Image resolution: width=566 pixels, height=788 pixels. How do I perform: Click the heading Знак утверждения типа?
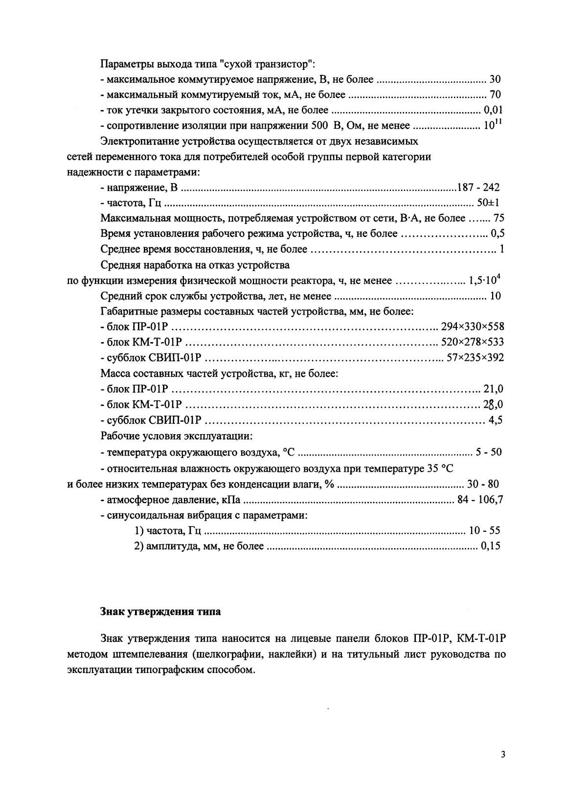[x=160, y=612]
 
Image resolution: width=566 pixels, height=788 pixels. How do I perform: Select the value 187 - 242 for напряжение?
[x=478, y=187]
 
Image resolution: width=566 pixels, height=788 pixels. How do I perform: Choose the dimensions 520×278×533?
[x=472, y=342]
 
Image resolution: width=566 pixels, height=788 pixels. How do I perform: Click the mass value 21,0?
[x=493, y=390]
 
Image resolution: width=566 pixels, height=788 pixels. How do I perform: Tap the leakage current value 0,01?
[x=493, y=110]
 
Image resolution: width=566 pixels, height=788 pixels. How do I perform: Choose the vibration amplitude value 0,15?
[x=491, y=546]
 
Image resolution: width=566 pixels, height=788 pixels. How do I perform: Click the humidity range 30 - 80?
[x=483, y=485]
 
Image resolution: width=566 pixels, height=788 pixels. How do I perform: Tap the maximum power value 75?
[x=498, y=218]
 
